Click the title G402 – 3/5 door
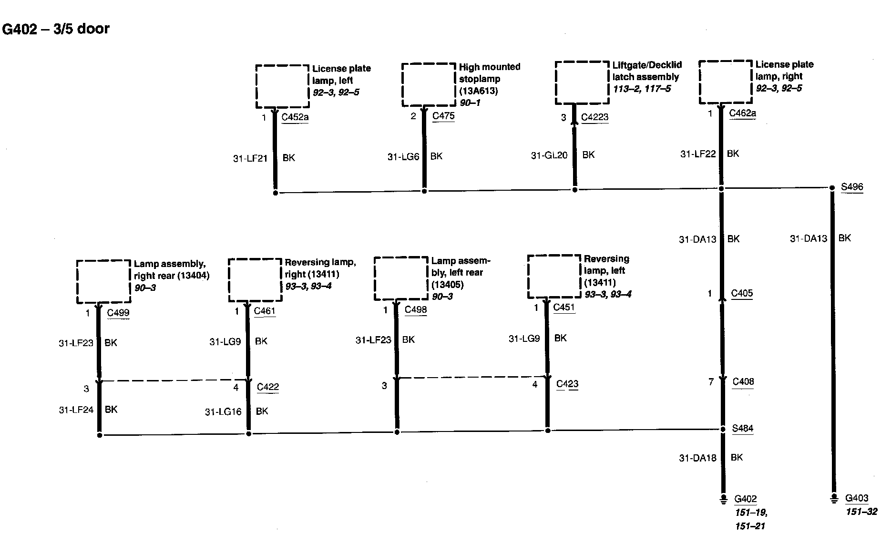[x=56, y=29]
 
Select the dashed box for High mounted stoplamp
[x=429, y=85]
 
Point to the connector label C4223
[x=594, y=117]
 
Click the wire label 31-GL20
[x=549, y=155]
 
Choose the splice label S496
[x=851, y=187]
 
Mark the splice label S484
[x=742, y=428]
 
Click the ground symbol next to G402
[x=723, y=499]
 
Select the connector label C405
[x=742, y=293]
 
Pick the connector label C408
[x=742, y=381]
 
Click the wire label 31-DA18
[x=697, y=458]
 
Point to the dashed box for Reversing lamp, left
[x=554, y=277]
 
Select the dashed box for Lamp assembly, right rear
[x=103, y=281]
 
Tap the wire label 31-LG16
[x=223, y=412]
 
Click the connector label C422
[x=267, y=387]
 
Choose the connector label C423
[x=567, y=384]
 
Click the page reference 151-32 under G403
[x=861, y=512]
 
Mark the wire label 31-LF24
[x=76, y=410]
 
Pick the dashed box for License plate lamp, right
[x=725, y=82]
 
